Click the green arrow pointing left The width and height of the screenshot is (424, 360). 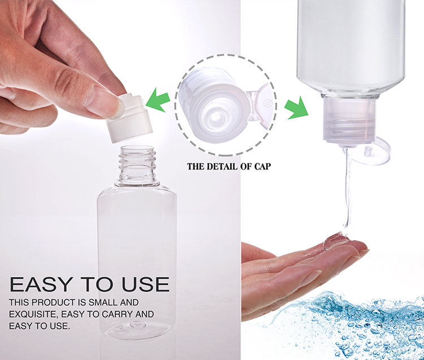click(x=158, y=100)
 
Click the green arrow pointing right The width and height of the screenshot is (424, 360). click(x=297, y=107)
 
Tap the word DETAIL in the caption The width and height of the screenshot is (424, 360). click(x=220, y=166)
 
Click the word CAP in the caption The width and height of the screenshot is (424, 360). click(x=262, y=166)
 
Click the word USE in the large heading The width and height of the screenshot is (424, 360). click(x=146, y=284)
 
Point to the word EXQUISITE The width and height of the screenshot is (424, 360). click(x=33, y=314)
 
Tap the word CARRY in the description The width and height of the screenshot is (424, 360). click(x=117, y=314)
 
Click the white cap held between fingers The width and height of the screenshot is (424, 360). click(x=129, y=117)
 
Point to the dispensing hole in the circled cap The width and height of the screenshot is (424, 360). click(x=216, y=116)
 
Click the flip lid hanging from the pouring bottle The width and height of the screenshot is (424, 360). click(x=371, y=151)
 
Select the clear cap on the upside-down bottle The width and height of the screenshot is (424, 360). click(x=349, y=122)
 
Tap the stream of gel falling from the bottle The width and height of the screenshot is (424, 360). click(x=348, y=189)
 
